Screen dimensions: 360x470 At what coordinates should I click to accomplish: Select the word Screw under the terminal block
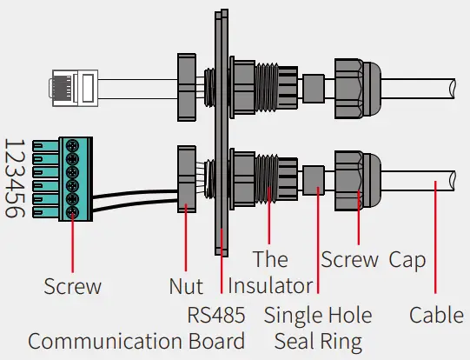(x=73, y=286)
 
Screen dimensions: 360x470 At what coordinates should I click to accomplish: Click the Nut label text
(x=186, y=286)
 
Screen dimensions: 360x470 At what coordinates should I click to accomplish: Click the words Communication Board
(x=136, y=340)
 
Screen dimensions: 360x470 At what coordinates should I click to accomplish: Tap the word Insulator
(x=270, y=285)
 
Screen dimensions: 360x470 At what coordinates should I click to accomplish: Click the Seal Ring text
(x=318, y=340)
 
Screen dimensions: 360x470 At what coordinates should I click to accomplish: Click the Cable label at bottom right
(x=436, y=314)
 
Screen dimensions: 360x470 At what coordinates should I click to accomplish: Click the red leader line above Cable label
(x=436, y=243)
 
